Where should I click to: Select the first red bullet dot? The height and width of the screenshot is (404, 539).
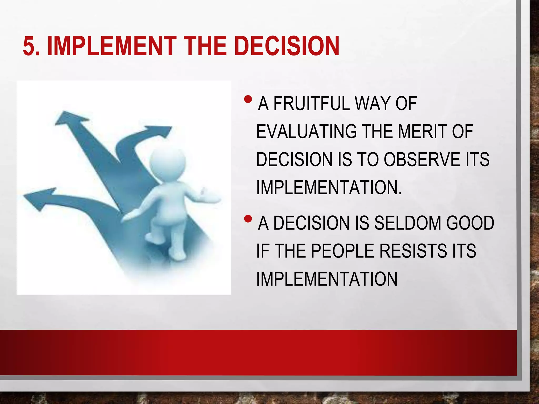pyautogui.click(x=248, y=99)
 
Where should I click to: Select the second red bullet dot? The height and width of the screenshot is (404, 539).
pyautogui.click(x=248, y=219)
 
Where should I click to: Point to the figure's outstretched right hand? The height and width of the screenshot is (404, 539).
pyautogui.click(x=208, y=196)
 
